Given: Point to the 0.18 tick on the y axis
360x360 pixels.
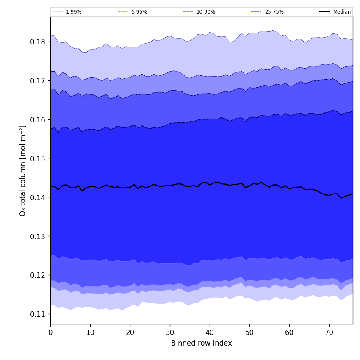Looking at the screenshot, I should [38, 42].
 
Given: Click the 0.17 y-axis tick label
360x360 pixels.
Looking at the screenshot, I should [38, 80].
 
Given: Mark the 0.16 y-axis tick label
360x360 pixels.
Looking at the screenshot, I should [38, 119].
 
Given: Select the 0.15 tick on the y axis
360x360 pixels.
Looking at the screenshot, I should [38, 158].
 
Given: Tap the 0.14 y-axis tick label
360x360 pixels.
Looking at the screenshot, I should [38, 197].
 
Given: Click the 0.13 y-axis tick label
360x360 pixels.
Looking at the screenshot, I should [38, 236].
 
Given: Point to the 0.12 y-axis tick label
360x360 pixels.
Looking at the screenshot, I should [38, 275].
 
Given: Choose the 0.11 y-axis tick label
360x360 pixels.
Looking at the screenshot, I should [38, 314].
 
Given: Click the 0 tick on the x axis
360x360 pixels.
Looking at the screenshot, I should [50, 332].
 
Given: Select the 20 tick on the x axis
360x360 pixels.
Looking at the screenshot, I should [130, 332].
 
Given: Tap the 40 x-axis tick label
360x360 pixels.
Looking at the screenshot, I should [210, 332].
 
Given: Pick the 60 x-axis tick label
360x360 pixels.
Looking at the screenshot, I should [289, 332].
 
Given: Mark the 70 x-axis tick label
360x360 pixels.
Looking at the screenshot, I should [329, 332].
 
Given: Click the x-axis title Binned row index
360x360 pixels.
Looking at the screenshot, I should [202, 343].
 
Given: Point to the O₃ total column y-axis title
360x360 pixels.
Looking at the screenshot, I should [23, 170].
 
